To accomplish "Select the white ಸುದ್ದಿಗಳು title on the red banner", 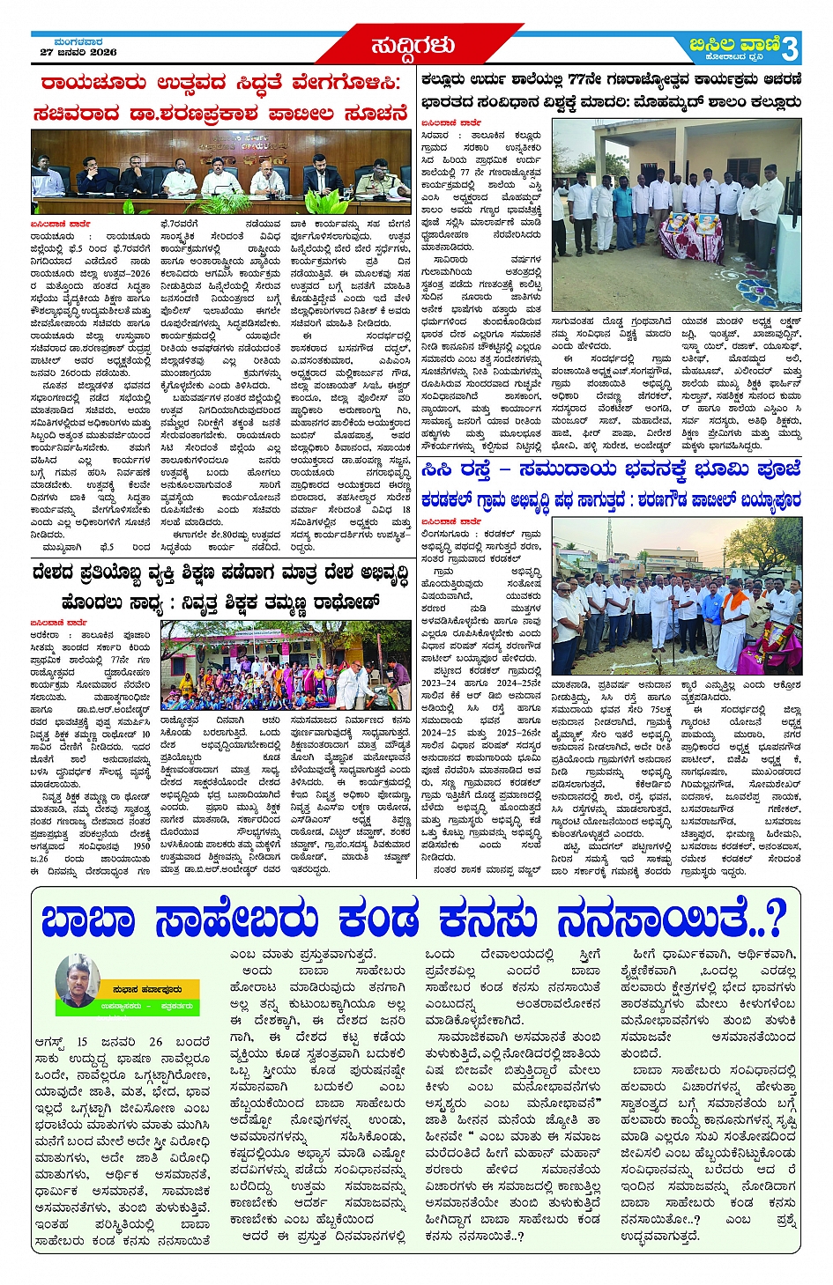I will coord(413,45).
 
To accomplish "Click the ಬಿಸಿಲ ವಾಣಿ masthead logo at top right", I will coord(735,45).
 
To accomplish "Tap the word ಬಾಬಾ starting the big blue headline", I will coord(88,921).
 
